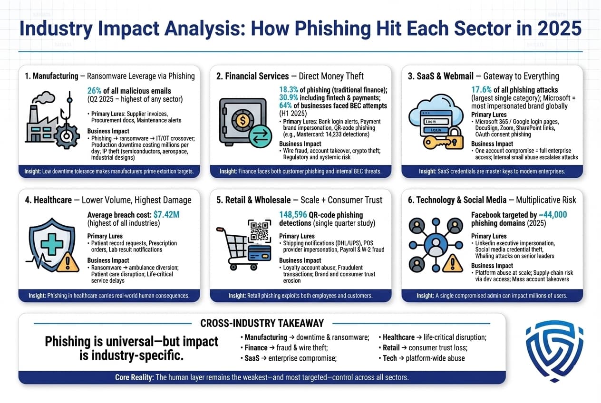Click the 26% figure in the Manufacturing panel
pyautogui.click(x=95, y=91)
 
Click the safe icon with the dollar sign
pyautogui.click(x=242, y=122)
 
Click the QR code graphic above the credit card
pyautogui.click(x=260, y=231)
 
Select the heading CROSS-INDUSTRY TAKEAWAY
pyautogui.click(x=262, y=323)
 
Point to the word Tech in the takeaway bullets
pyautogui.click(x=390, y=358)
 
